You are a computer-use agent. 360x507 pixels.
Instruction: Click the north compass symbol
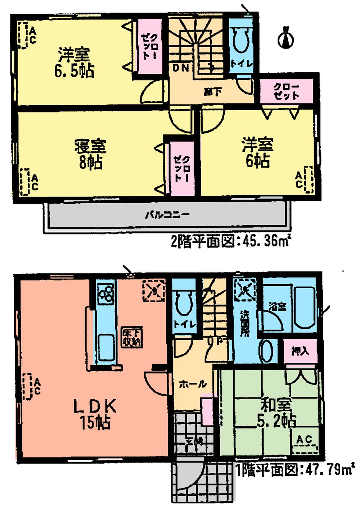[286, 37]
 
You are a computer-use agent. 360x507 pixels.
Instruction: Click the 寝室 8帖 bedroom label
[90, 155]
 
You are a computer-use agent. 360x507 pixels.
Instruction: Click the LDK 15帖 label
[95, 414]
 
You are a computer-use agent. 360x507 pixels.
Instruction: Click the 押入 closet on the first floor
[300, 350]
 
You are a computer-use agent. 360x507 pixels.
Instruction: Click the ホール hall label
[193, 384]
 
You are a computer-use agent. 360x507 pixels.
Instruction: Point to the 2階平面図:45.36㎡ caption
[230, 241]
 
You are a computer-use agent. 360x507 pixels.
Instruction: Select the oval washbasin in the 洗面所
[266, 350]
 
